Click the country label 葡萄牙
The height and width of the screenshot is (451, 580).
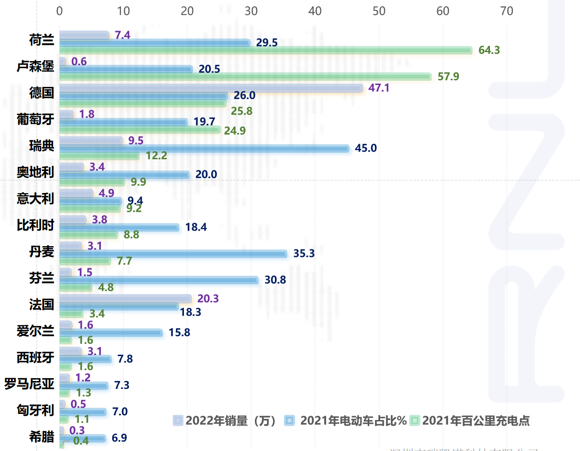[35, 119]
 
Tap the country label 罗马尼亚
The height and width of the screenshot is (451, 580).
[29, 384]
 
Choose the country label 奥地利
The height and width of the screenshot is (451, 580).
[35, 172]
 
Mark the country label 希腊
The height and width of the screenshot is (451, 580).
[41, 436]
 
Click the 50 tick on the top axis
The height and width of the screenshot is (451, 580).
[379, 11]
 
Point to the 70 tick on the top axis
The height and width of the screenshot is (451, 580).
[506, 11]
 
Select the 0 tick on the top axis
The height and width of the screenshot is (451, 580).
[60, 11]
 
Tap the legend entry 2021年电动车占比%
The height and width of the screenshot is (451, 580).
[345, 420]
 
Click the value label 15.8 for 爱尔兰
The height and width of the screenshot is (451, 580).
[179, 333]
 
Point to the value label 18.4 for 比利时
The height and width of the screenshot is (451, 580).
[196, 227]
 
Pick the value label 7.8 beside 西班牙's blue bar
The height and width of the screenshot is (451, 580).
[125, 359]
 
